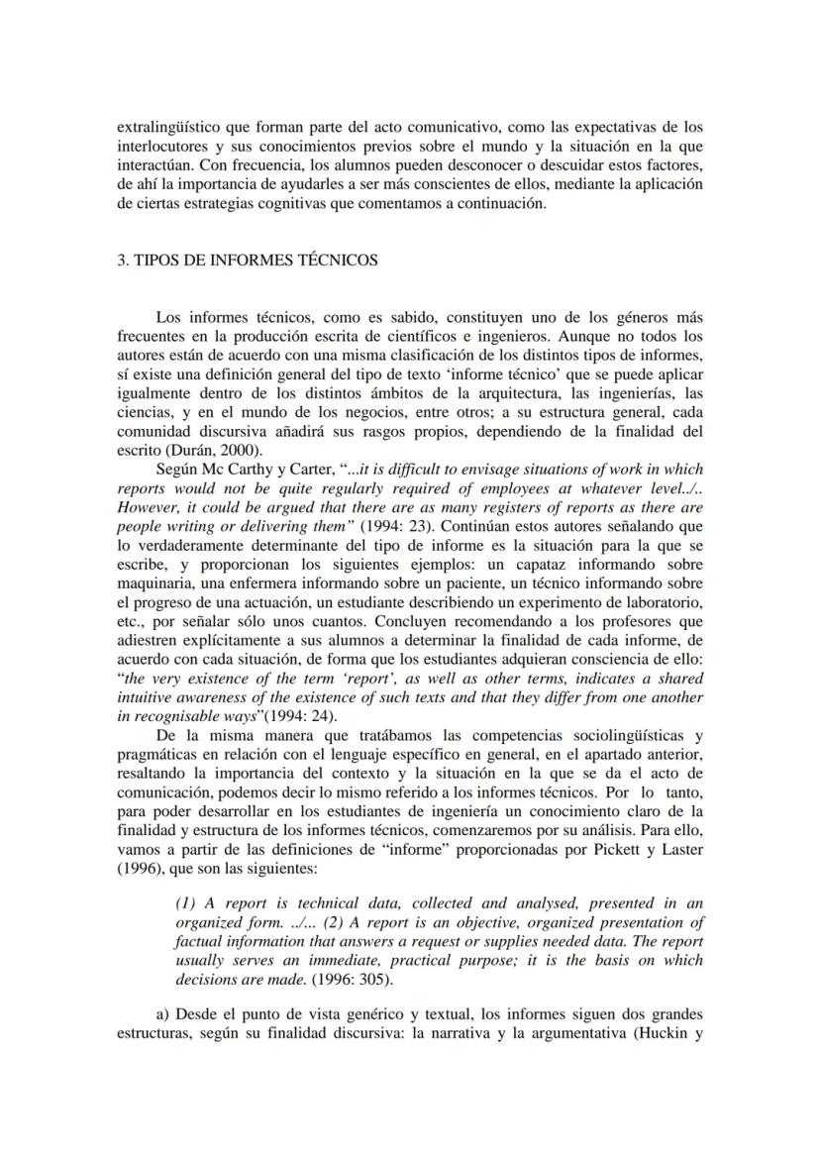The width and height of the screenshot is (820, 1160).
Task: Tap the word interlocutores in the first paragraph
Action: tap(161, 146)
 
